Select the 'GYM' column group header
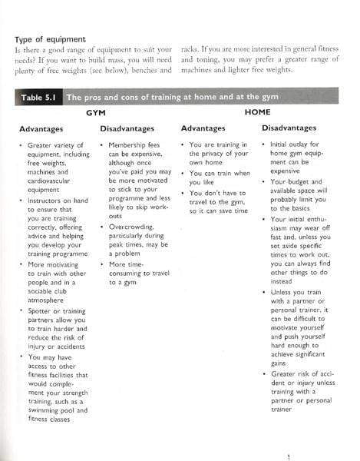[x=95, y=112]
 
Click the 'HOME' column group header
[x=257, y=112]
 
